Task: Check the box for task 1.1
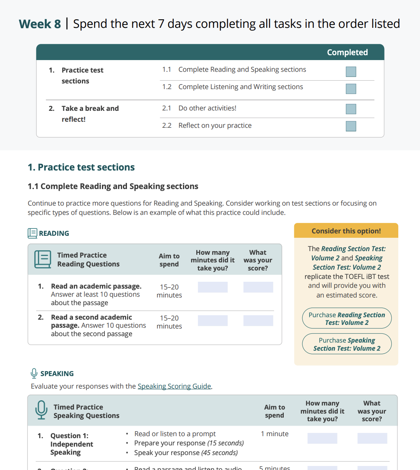(x=351, y=72)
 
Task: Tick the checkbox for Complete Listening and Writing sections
(x=351, y=89)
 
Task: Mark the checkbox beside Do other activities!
(x=351, y=109)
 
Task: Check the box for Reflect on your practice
(x=351, y=126)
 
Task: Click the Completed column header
(x=347, y=52)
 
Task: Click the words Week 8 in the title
(x=40, y=24)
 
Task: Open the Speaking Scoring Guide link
(x=174, y=386)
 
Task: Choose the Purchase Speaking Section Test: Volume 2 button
(x=347, y=344)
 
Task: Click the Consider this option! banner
(x=346, y=231)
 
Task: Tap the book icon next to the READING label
(x=32, y=233)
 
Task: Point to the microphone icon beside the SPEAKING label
(x=34, y=373)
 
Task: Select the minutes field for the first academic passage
(x=212, y=287)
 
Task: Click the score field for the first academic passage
(x=258, y=287)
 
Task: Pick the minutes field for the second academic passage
(x=212, y=320)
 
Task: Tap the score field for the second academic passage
(x=258, y=320)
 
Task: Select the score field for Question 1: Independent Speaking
(x=372, y=438)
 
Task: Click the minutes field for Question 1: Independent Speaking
(x=322, y=438)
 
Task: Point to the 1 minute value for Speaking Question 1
(x=274, y=434)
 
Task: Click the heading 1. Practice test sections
(x=81, y=167)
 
